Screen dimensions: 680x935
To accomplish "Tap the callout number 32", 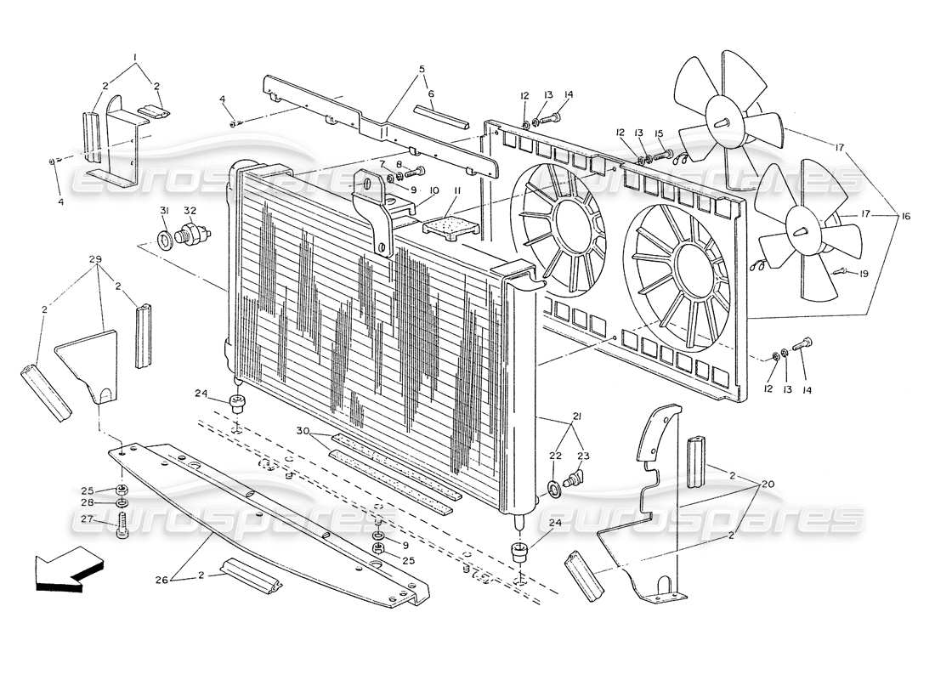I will (x=190, y=210).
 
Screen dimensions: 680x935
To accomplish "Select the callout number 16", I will (x=905, y=218).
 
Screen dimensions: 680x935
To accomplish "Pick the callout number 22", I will (x=554, y=456).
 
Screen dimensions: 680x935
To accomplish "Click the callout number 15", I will (x=658, y=133).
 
